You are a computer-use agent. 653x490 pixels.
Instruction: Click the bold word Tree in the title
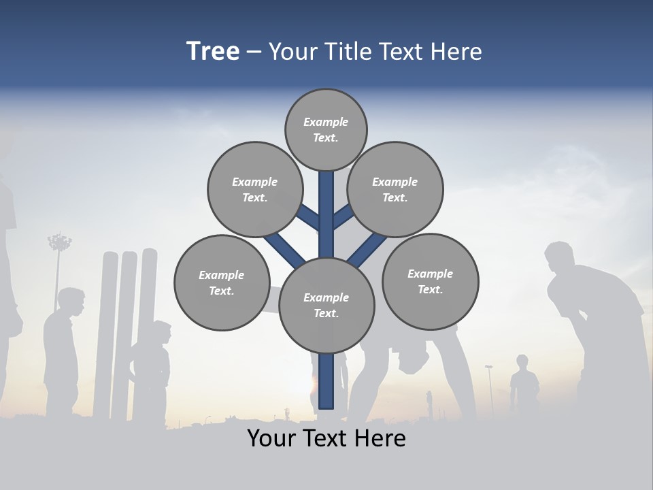(x=213, y=51)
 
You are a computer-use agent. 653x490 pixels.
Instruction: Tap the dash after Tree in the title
(x=254, y=52)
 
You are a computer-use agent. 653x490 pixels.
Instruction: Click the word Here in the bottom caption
(x=376, y=438)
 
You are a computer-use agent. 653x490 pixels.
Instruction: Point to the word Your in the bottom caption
(x=270, y=438)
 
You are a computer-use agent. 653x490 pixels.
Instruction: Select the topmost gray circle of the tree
(x=326, y=129)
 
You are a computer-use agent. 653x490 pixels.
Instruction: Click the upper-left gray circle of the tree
(x=254, y=189)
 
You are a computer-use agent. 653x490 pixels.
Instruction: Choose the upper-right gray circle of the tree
(x=395, y=189)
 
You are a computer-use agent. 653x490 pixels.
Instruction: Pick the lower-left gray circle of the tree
(x=222, y=282)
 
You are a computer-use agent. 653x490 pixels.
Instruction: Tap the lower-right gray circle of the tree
(x=430, y=281)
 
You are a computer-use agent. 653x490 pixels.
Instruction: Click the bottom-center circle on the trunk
(x=326, y=305)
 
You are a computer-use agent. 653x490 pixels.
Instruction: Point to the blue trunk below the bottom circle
(x=326, y=381)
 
